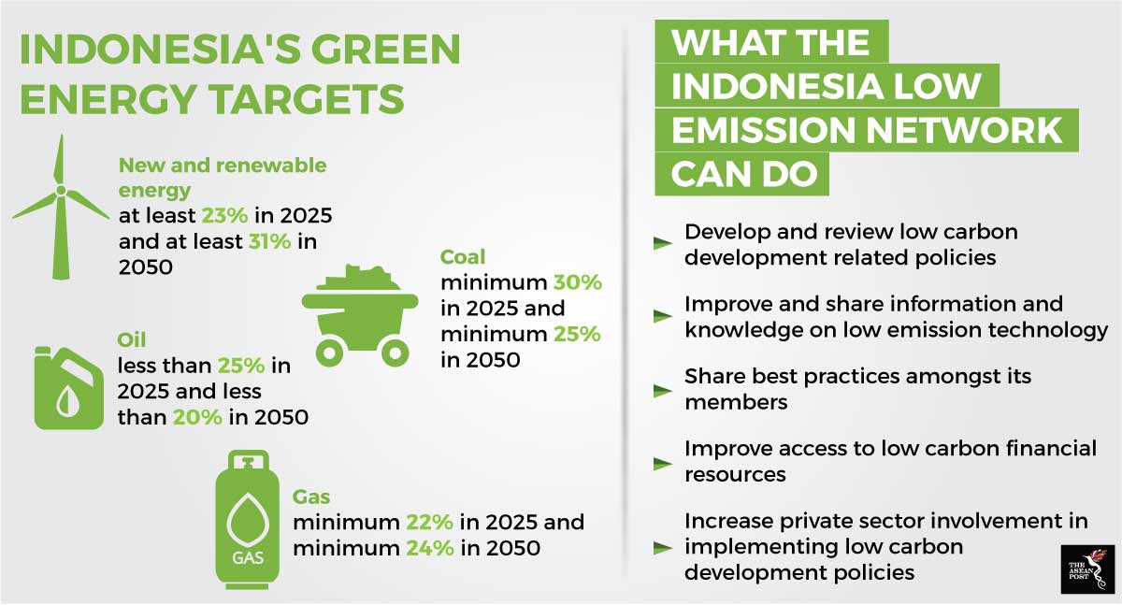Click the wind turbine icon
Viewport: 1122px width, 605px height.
pyautogui.click(x=61, y=210)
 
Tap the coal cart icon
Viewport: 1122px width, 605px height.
pyautogui.click(x=360, y=315)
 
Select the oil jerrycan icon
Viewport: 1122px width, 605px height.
pyautogui.click(x=68, y=388)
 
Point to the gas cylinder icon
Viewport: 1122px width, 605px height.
pyautogui.click(x=248, y=519)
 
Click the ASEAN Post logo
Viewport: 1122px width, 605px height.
pyautogui.click(x=1087, y=569)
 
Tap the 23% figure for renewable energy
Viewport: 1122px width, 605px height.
pyautogui.click(x=225, y=216)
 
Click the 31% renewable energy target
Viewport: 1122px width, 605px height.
pyautogui.click(x=269, y=242)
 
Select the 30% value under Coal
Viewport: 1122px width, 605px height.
pyautogui.click(x=578, y=283)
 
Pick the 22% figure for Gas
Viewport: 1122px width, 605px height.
pyautogui.click(x=429, y=523)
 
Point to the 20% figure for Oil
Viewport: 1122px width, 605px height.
pyautogui.click(x=197, y=417)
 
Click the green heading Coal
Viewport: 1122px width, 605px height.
pyautogui.click(x=462, y=257)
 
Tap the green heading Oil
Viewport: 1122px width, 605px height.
pyautogui.click(x=131, y=340)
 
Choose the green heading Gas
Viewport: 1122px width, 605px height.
pyautogui.click(x=311, y=497)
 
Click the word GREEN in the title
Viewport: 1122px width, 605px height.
pyautogui.click(x=385, y=49)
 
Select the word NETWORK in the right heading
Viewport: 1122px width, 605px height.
pyautogui.click(x=964, y=130)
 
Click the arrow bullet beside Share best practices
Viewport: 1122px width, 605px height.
pyautogui.click(x=663, y=391)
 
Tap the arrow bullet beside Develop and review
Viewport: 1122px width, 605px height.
pyautogui.click(x=663, y=243)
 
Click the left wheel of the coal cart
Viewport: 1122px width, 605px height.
pyautogui.click(x=329, y=353)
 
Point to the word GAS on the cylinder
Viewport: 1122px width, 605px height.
pyautogui.click(x=248, y=557)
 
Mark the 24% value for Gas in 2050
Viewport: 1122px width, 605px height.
pyautogui.click(x=430, y=548)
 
